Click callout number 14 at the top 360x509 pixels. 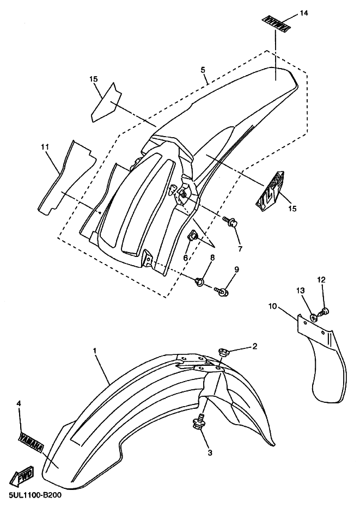[x=304, y=13]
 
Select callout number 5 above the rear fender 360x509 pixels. [x=203, y=70]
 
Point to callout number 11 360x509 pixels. [x=45, y=147]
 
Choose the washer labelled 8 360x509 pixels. [x=199, y=281]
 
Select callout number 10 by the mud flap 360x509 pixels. [x=273, y=306]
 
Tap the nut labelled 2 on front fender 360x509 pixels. [x=223, y=351]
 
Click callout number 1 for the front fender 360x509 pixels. [x=95, y=351]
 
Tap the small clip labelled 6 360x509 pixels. [x=193, y=237]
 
